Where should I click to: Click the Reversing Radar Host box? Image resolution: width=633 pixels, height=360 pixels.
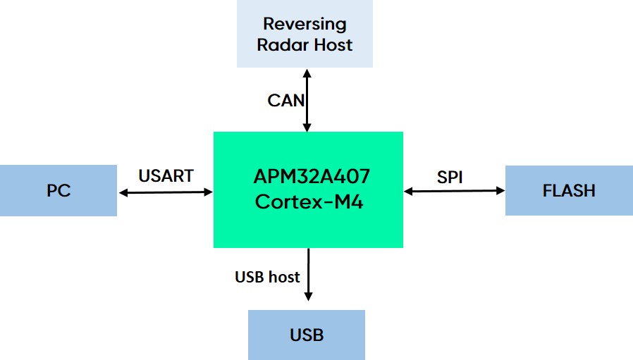point(304,34)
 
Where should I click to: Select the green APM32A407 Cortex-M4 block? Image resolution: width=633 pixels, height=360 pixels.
point(308,189)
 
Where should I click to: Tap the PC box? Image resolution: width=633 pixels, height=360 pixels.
point(59,190)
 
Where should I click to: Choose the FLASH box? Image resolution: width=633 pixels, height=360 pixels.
point(568,190)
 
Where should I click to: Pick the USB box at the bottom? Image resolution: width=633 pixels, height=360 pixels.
point(307,334)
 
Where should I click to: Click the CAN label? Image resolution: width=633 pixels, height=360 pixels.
point(285,100)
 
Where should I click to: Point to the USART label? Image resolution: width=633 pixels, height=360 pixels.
point(166,176)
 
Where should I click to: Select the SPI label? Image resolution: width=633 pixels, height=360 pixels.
point(449,178)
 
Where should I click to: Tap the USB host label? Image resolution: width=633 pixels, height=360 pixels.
point(267,277)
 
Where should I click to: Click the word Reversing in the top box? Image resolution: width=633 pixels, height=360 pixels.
point(305,24)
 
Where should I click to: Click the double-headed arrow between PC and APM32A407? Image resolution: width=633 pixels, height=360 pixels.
point(166,191)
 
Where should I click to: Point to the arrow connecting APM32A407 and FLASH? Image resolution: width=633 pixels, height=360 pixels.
point(455,190)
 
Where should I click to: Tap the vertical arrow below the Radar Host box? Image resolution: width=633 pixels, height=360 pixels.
point(307,100)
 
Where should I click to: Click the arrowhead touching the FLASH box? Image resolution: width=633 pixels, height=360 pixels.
point(500,190)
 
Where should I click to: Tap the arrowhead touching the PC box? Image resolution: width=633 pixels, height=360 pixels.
point(123,191)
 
